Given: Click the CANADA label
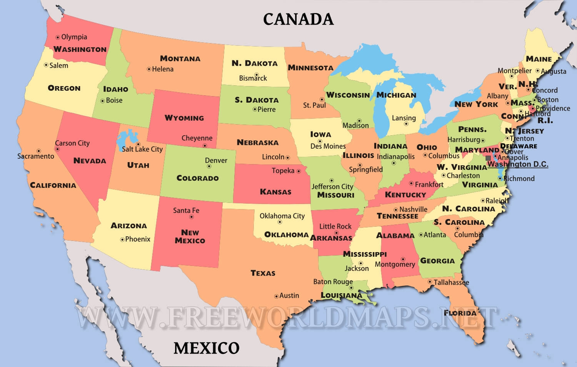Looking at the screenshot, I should tap(298, 19).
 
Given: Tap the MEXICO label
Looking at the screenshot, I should tap(207, 348).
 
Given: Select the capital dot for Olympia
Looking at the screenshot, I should tap(58, 37).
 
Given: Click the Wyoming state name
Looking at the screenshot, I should tap(184, 118).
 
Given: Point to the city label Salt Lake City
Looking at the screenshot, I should tap(142, 149).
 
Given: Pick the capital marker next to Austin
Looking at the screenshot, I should tap(276, 296).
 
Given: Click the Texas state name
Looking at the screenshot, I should tap(263, 273).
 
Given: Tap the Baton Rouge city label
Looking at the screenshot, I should tap(333, 282).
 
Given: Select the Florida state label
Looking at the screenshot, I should tap(460, 313).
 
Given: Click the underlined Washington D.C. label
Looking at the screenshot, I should tap(518, 164).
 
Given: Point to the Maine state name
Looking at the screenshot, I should tap(539, 59).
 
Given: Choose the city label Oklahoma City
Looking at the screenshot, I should tap(282, 216).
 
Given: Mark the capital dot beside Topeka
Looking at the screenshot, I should tap(299, 171).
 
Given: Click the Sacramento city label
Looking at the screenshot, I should tap(36, 156).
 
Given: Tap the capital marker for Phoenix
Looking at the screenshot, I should tap(122, 239).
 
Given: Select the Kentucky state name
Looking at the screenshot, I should tap(405, 195).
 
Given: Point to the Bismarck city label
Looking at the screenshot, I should tap(253, 78).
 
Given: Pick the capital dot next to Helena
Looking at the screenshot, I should tap(149, 70).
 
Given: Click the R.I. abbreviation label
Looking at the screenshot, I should tap(545, 121).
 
